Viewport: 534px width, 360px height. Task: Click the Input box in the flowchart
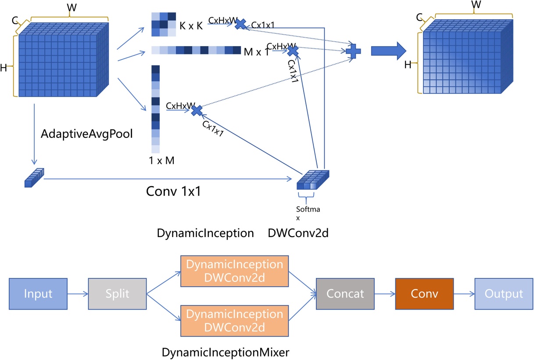[x=38, y=293]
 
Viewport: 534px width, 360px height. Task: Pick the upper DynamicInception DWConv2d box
[x=235, y=271]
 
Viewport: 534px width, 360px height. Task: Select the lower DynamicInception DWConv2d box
[x=235, y=320]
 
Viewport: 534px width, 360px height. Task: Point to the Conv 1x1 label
[x=173, y=192]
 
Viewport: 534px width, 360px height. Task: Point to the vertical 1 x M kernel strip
[x=156, y=108]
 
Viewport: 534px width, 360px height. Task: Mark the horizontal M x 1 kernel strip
[x=196, y=50]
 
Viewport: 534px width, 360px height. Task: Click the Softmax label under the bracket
[x=308, y=213]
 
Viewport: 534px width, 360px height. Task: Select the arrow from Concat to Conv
[x=385, y=293]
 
